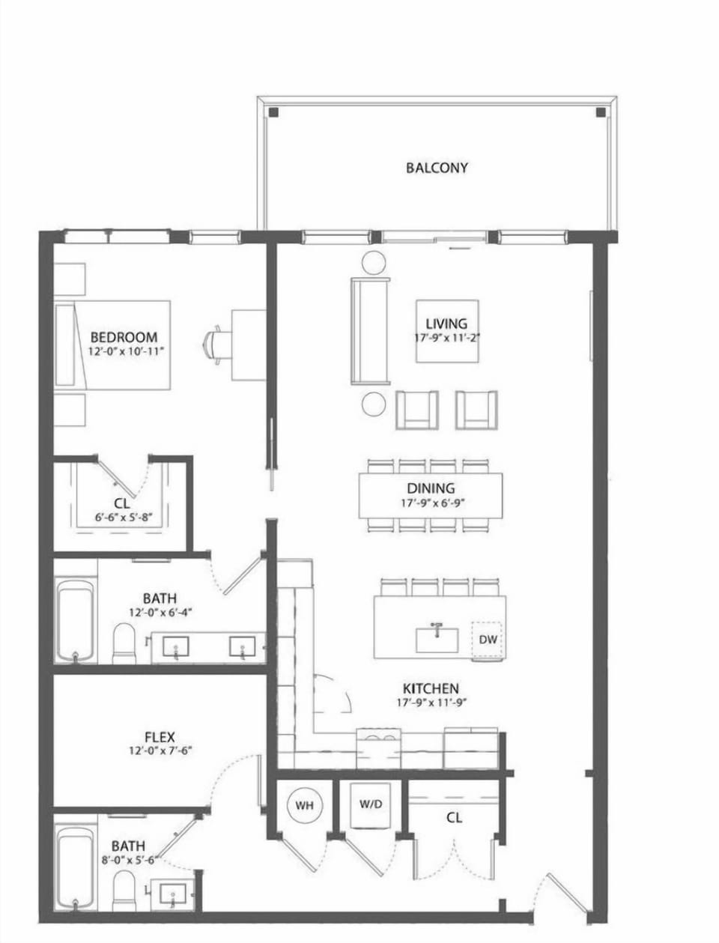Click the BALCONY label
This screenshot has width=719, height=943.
[x=437, y=167]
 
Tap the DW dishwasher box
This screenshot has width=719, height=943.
[x=488, y=640]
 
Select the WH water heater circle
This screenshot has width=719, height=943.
[x=303, y=805]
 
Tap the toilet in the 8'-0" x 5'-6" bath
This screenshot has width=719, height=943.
[x=123, y=891]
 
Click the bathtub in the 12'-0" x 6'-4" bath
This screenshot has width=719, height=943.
[x=75, y=620]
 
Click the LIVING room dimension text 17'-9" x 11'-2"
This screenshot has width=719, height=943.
[x=447, y=338]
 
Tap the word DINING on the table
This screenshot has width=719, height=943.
[x=431, y=488]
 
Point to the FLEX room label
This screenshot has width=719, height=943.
[x=160, y=737]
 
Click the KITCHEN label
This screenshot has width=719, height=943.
[x=431, y=688]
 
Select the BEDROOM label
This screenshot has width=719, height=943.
[x=124, y=337]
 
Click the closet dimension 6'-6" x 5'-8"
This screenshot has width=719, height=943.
[x=122, y=516]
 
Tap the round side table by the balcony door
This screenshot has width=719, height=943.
[x=372, y=263]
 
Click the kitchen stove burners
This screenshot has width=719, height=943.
[x=379, y=736]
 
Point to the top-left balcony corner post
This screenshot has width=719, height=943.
[x=274, y=112]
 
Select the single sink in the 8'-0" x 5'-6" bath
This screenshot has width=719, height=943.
[x=173, y=893]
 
